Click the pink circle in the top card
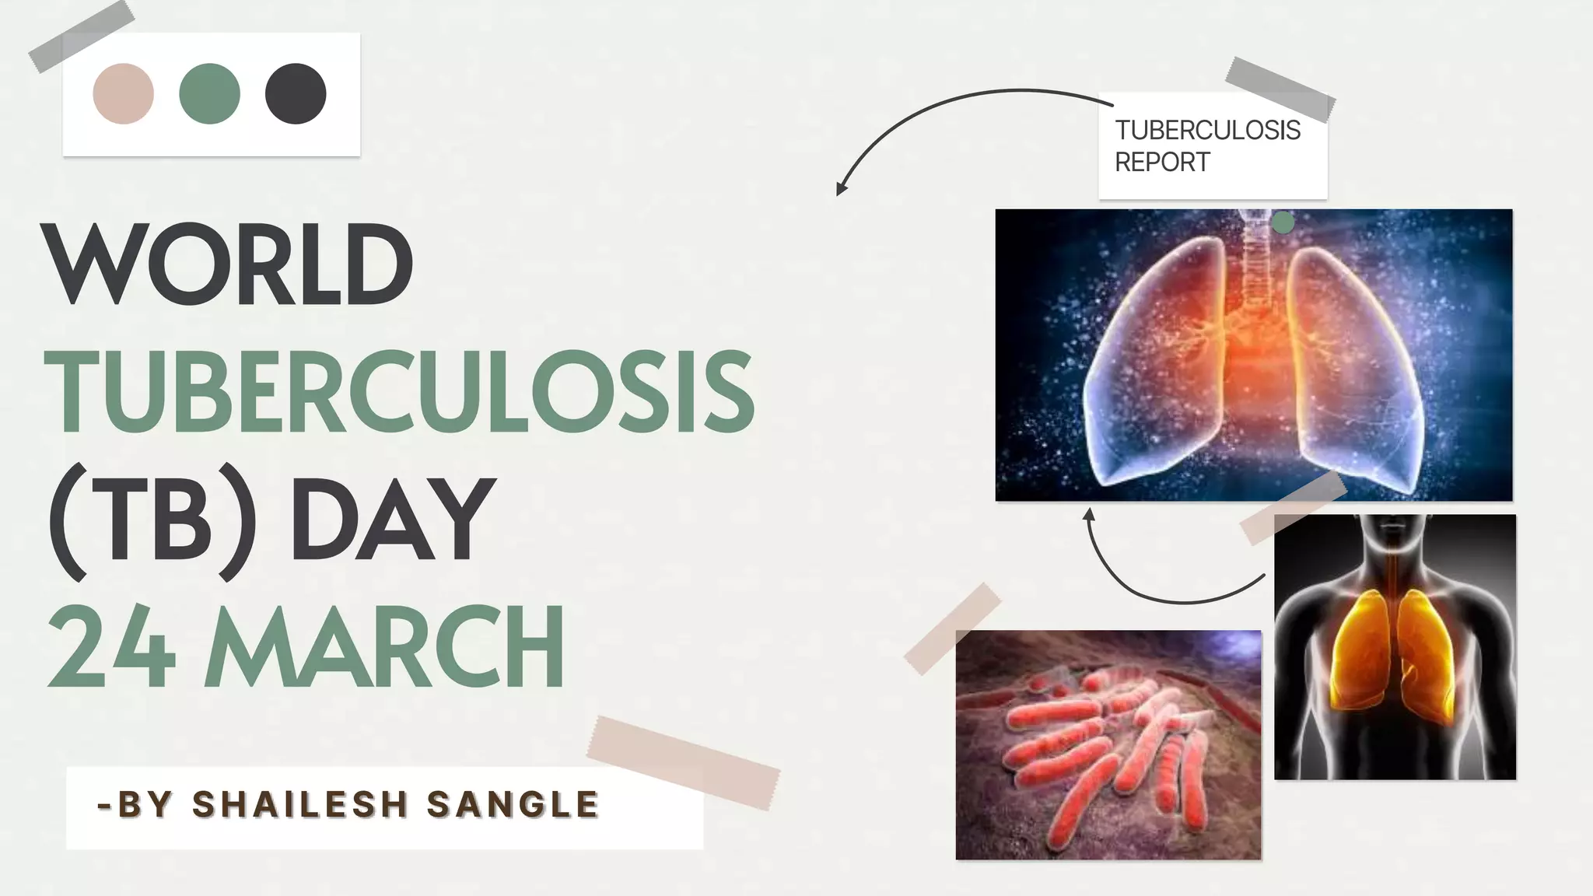pyautogui.click(x=123, y=93)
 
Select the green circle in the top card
pyautogui.click(x=209, y=93)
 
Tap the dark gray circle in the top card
pyautogui.click(x=296, y=93)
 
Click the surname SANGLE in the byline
pyautogui.click(x=513, y=804)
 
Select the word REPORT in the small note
pyautogui.click(x=1162, y=162)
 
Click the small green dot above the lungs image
pyautogui.click(x=1283, y=223)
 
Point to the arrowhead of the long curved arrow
pyautogui.click(x=840, y=188)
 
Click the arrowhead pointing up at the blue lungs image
pyautogui.click(x=1089, y=513)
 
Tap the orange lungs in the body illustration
pyautogui.click(x=1394, y=653)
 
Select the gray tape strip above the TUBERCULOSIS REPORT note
pyautogui.click(x=1280, y=89)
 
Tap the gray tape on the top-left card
pyautogui.click(x=81, y=37)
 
